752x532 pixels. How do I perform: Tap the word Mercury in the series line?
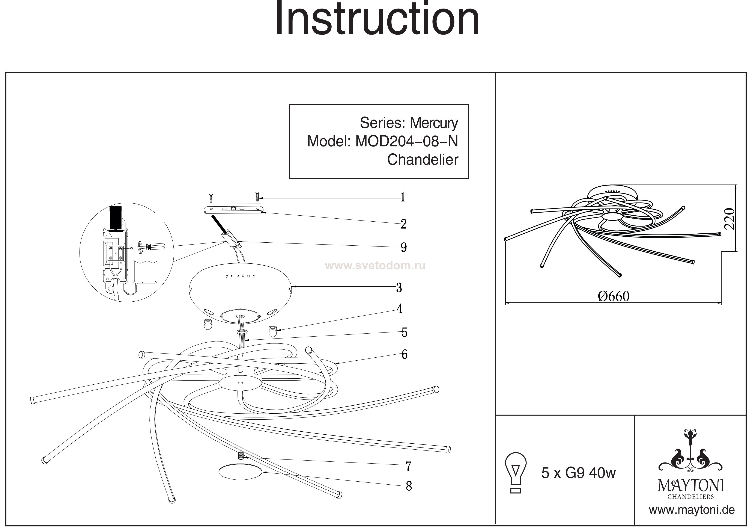click(434, 123)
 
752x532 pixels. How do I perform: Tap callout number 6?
click(405, 354)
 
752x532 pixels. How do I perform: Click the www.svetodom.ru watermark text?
click(375, 266)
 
